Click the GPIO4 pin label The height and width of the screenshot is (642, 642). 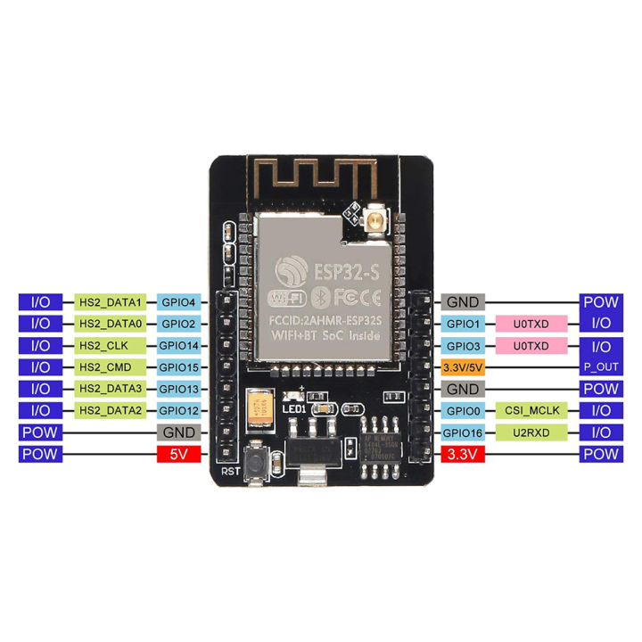coord(182,302)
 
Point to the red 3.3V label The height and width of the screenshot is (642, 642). coord(463,455)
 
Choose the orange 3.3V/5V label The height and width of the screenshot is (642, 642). coord(463,367)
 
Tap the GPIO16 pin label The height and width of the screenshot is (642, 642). coord(463,432)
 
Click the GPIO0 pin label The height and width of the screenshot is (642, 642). coord(463,411)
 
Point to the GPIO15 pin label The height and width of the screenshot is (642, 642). coord(182,367)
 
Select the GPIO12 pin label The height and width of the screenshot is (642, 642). coord(182,411)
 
